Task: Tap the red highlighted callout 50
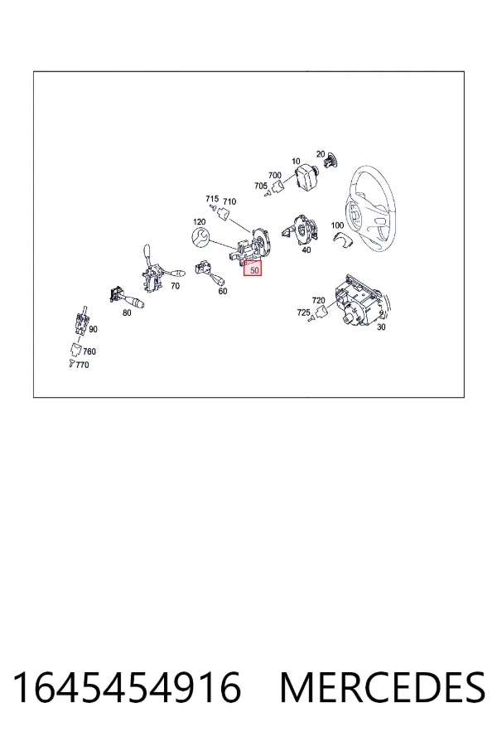(253, 269)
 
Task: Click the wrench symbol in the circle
(200, 237)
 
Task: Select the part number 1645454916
(127, 687)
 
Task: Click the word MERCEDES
(383, 687)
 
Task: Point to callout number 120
(200, 221)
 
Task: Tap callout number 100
(337, 225)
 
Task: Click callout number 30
(381, 327)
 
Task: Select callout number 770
(82, 365)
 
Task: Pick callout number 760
(89, 351)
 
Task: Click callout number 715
(212, 199)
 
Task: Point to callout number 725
(303, 312)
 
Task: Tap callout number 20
(321, 154)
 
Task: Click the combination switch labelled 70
(156, 270)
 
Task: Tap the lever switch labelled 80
(126, 298)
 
